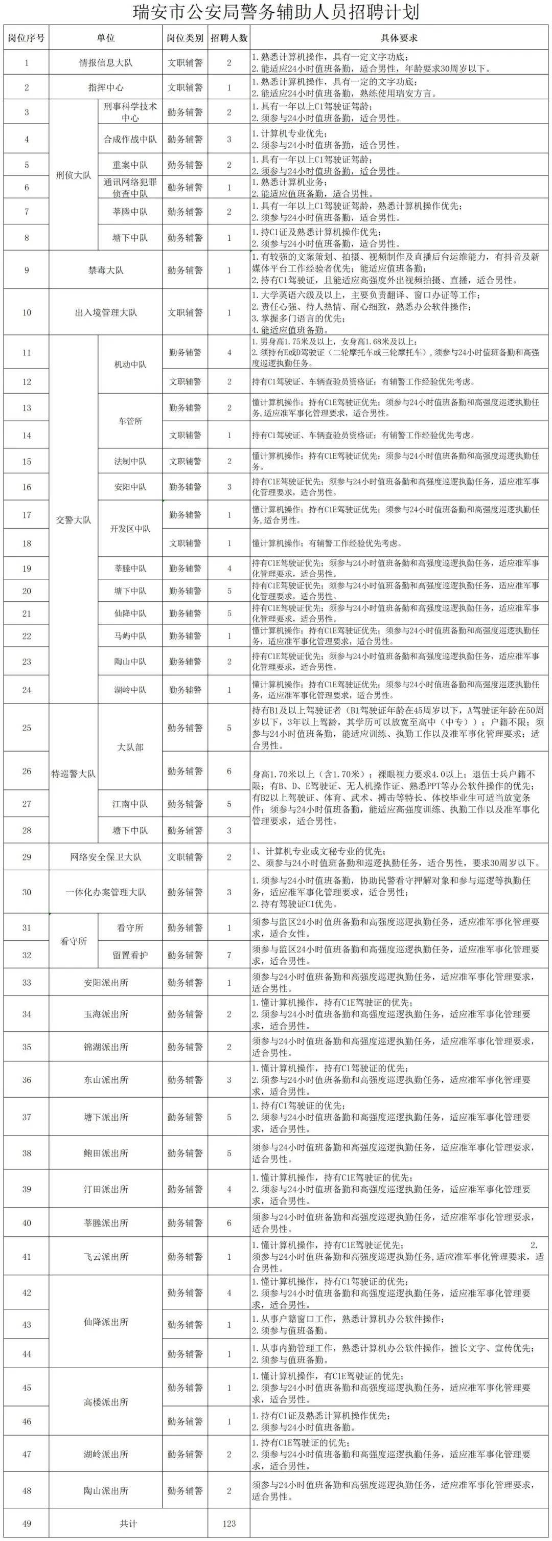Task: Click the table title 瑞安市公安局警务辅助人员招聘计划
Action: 275,11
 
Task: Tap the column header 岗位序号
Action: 26,38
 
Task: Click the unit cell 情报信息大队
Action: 106,62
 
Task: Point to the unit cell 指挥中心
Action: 106,87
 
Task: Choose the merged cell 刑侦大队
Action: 74,175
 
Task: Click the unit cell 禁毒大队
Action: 106,270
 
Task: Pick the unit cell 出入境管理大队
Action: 106,312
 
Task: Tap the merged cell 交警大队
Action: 74,519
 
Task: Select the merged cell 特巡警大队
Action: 74,774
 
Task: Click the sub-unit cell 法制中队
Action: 130,461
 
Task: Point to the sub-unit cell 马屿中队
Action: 130,636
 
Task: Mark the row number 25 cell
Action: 26,728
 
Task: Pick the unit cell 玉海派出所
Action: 106,1014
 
